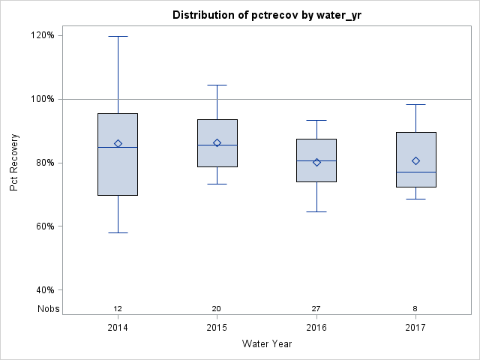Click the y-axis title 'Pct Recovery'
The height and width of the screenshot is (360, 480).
[14, 163]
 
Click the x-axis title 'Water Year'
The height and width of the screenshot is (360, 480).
[266, 344]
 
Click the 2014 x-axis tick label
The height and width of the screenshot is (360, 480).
[118, 328]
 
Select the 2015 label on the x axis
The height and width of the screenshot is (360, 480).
[217, 328]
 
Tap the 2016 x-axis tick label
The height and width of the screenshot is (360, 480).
[316, 328]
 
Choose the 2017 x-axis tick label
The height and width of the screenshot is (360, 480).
[415, 328]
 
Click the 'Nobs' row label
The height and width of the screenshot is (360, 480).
[49, 309]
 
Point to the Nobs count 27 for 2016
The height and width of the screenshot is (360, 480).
[316, 309]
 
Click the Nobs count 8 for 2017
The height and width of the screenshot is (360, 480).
[415, 309]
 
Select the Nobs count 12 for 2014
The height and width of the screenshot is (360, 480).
[118, 309]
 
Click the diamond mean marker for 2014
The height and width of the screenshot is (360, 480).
[118, 143]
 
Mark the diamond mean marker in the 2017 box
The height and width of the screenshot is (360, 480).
[415, 160]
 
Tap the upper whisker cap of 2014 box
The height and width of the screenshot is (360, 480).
[118, 36]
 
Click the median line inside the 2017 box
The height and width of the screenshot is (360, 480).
[415, 172]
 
